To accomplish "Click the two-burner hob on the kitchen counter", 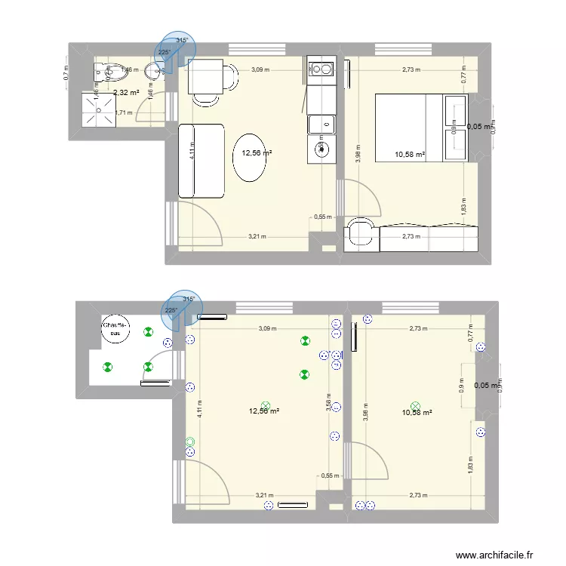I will tap(322, 70).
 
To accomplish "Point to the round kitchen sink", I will tap(323, 148).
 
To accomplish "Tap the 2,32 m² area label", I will tap(126, 93).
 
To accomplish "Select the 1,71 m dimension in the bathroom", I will tap(123, 113).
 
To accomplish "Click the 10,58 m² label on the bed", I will tap(410, 155).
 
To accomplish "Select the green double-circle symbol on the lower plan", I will tap(189, 442).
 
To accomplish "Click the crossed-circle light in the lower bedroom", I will tap(414, 405).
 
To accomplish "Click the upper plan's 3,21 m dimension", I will tap(258, 237).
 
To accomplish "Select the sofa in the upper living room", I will tap(201, 161).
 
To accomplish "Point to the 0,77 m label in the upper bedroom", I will tap(466, 75).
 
